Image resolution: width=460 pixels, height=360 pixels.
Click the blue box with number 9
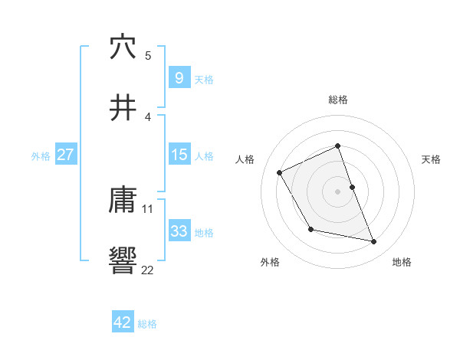point(179,77)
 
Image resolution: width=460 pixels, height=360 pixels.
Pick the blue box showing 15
point(179,155)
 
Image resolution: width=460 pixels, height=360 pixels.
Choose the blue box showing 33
point(179,231)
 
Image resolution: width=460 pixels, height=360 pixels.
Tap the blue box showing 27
point(65,155)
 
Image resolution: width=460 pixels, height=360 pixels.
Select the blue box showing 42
point(123,322)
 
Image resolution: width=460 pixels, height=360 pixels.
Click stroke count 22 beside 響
point(148,269)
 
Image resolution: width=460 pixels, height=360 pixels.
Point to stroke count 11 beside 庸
point(148,208)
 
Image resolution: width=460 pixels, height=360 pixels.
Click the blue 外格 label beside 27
point(41,155)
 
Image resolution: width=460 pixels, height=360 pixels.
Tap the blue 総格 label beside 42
point(147,323)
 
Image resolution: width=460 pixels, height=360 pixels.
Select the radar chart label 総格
point(338,100)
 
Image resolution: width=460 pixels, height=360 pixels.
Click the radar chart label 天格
point(432,159)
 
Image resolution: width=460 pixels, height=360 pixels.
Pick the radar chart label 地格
point(402,262)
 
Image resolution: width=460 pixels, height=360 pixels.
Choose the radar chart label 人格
point(245,159)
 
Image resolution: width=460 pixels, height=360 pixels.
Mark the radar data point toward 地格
point(374,242)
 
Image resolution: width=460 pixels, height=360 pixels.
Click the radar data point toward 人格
point(280,173)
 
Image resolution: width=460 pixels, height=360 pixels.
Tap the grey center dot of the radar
point(338,191)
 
